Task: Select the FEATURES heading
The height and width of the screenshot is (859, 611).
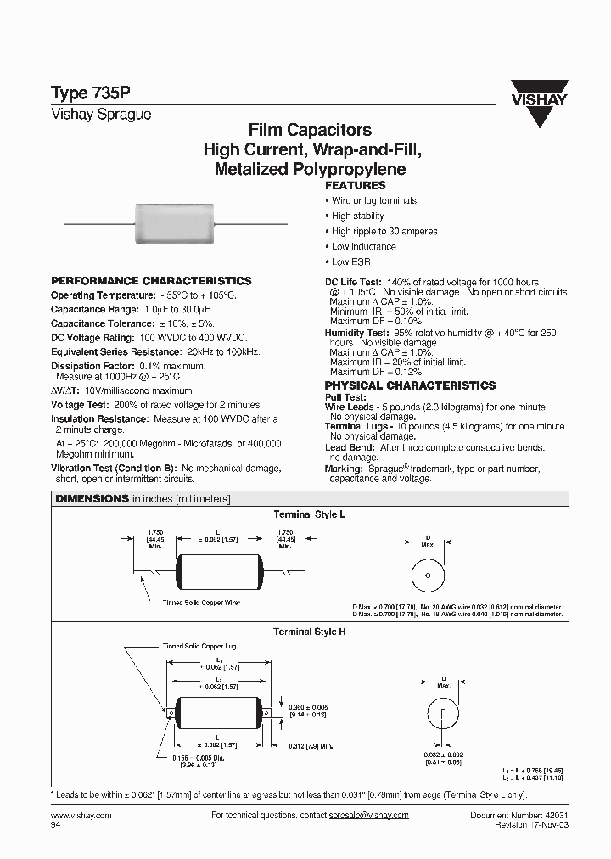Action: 356,185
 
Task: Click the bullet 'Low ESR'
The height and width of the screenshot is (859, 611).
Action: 350,262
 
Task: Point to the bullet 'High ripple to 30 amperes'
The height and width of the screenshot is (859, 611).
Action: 384,232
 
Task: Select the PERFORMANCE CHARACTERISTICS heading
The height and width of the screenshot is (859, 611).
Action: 151,281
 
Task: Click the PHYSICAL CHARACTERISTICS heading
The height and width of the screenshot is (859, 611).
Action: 410,385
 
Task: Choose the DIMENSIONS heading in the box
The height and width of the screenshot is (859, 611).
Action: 92,499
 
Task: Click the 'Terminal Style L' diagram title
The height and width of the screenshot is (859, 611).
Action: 309,515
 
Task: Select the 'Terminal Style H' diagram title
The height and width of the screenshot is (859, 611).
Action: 309,632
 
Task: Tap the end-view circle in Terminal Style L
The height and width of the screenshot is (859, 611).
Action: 429,575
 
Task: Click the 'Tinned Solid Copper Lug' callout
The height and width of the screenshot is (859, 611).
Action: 199,647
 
